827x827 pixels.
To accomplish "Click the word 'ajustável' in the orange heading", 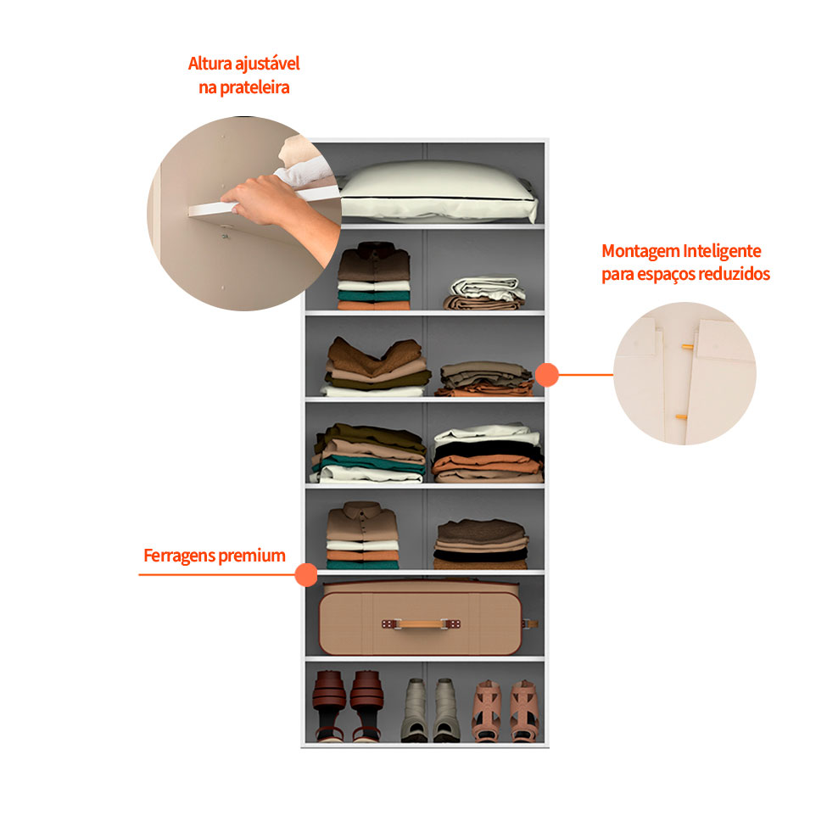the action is coord(267,64).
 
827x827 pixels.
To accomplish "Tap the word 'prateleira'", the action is coord(254,87).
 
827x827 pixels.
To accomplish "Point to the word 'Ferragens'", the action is coord(179,556).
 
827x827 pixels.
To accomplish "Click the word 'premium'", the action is coord(252,556).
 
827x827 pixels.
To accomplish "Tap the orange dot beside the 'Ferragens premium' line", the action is coord(306,574).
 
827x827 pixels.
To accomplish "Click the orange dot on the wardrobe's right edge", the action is coord(547,374).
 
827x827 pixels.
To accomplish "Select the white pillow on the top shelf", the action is coord(437,191).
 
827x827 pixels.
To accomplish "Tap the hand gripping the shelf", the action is coord(281,211).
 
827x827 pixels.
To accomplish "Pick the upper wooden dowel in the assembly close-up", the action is coord(687,347).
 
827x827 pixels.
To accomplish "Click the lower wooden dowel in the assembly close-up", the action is coord(681,417).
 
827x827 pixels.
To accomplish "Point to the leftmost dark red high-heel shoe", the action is coord(329,706).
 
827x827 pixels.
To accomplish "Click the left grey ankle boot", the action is coord(415,710).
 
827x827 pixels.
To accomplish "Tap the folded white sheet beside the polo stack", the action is coord(487,288).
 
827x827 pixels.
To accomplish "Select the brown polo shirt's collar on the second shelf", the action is coord(374,248).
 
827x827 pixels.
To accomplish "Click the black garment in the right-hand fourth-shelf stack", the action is coord(486,450).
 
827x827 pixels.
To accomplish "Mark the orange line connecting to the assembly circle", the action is coord(585,375).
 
